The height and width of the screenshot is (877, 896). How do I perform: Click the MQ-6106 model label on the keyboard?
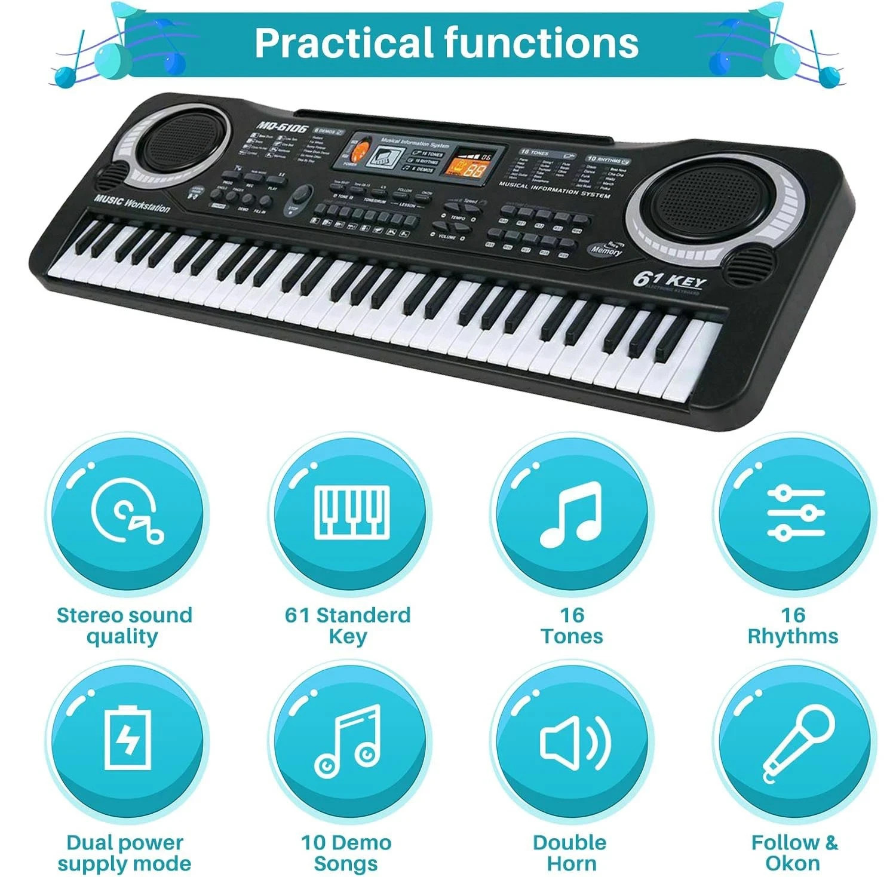[283, 127]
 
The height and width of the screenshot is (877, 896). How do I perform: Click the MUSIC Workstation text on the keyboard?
[132, 203]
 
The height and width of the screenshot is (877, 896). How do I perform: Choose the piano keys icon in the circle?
[352, 511]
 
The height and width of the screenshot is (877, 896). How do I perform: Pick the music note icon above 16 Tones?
[570, 514]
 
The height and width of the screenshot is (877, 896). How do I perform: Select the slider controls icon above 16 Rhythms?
[796, 513]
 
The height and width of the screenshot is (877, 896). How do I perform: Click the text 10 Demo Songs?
[346, 853]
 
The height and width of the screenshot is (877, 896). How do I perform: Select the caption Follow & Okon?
[794, 853]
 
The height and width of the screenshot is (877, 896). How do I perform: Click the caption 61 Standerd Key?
[348, 625]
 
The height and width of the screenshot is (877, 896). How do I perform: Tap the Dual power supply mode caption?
[125, 853]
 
